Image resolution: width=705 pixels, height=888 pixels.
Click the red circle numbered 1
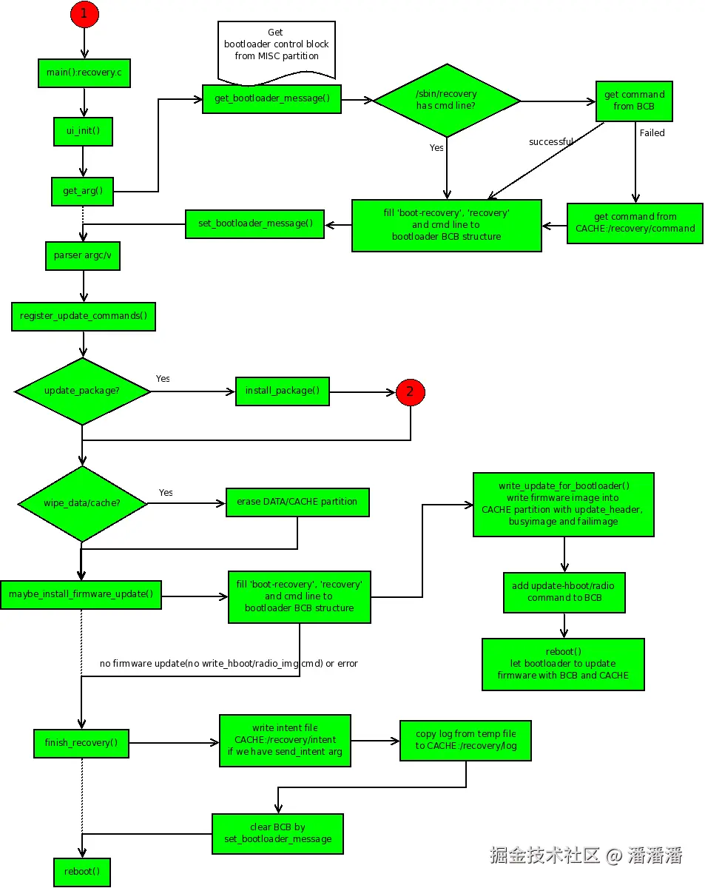tap(84, 14)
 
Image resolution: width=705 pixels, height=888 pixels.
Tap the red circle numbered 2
tap(410, 392)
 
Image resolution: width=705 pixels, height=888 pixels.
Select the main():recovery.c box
tap(84, 73)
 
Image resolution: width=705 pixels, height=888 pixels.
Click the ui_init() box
tap(83, 131)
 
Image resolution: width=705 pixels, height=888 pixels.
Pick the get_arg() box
tap(83, 191)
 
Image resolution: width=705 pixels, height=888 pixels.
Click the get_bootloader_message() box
tap(271, 99)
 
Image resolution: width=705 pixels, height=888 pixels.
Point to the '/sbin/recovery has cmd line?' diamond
tap(446, 101)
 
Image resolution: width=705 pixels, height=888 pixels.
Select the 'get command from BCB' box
tap(634, 101)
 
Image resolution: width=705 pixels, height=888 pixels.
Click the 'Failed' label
tap(652, 133)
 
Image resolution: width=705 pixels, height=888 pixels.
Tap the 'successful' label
tap(550, 141)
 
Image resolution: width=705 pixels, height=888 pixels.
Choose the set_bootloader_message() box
tap(254, 224)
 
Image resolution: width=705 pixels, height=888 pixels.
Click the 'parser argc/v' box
tap(83, 256)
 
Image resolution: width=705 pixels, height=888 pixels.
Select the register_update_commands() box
tap(84, 317)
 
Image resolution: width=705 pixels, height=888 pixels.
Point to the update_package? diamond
tap(82, 391)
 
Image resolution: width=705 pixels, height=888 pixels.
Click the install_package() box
tap(282, 391)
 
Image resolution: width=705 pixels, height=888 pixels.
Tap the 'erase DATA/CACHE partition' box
tap(297, 502)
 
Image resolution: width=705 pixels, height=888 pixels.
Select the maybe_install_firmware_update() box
tap(81, 595)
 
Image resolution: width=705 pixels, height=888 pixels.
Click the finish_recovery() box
tap(81, 743)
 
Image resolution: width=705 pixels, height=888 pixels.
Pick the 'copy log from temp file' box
tap(465, 740)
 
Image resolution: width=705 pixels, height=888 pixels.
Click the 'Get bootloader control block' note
tap(277, 50)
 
